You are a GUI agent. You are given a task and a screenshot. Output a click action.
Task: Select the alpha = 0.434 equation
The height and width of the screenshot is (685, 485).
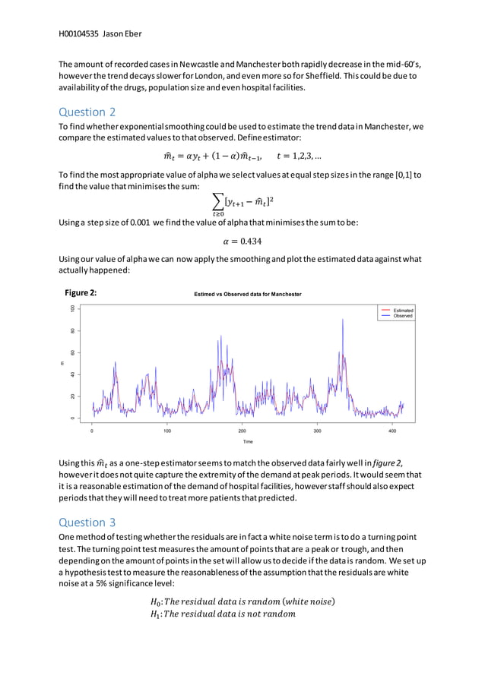(242, 241)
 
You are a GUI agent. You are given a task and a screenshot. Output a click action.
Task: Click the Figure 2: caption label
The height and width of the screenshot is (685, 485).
(80, 292)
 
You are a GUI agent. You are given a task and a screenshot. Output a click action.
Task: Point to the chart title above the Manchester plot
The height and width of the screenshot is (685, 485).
(247, 294)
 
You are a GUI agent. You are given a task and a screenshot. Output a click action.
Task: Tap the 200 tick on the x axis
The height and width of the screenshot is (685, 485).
(242, 431)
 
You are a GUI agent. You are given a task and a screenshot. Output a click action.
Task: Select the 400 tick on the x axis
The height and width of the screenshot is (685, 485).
(392, 431)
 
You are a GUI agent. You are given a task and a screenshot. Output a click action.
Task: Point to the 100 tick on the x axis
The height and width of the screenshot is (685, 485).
(167, 431)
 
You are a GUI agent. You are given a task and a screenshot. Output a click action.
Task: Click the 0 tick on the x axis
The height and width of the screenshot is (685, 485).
(92, 431)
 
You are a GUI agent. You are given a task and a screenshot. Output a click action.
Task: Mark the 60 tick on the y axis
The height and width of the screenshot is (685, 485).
(73, 353)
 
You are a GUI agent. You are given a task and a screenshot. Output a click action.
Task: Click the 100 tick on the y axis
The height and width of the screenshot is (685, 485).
(73, 309)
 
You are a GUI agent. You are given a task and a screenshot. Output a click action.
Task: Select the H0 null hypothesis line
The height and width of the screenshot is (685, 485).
(242, 602)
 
